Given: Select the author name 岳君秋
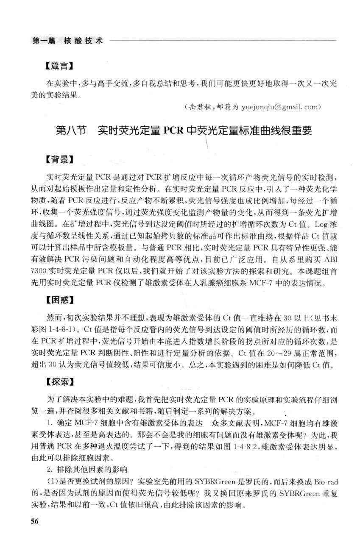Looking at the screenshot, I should (x=197, y=107).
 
